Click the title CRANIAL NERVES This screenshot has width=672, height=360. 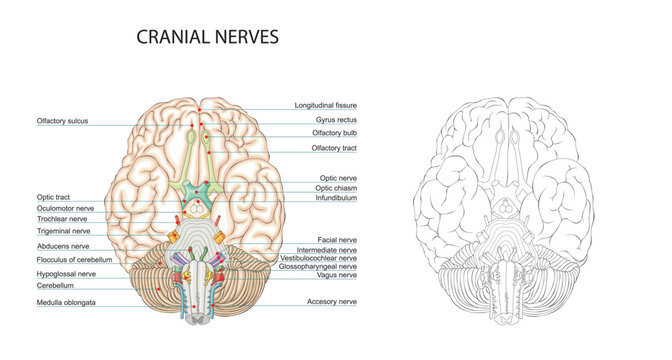coord(207,38)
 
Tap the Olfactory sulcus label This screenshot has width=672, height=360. coord(63,121)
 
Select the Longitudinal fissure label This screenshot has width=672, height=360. coord(325,105)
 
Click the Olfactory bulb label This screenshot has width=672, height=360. coord(336,133)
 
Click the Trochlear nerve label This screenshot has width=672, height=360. coord(61,218)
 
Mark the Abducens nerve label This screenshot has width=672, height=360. coord(63,245)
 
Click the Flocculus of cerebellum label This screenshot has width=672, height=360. coord(74,259)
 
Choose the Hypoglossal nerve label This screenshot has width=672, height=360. coord(66,273)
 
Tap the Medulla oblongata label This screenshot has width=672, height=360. coord(66,302)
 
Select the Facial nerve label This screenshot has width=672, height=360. coord(337,240)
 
